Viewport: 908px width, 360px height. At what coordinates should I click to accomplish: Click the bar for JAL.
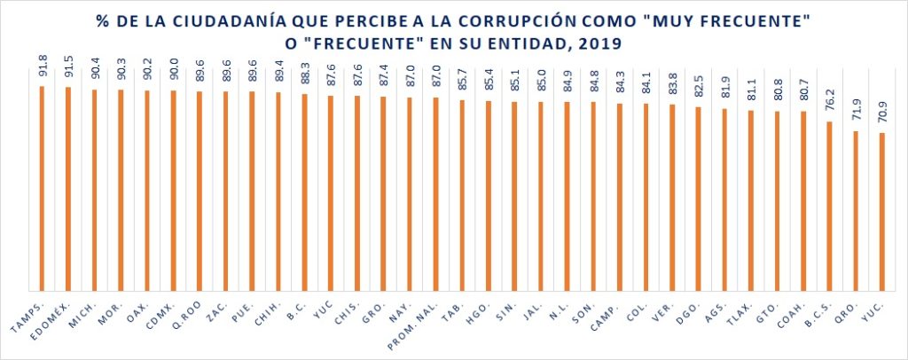point(541,195)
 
